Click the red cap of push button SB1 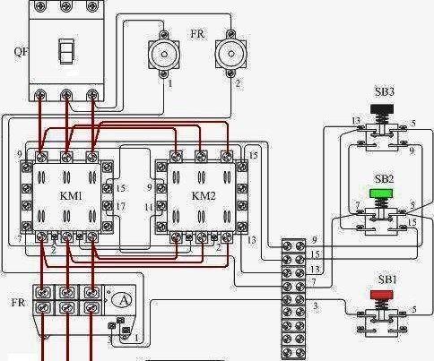click(382, 295)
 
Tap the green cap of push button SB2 click(380, 193)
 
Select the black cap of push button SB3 click(382, 108)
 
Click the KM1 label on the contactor click(71, 196)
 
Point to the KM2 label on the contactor click(204, 196)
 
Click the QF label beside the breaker click(21, 52)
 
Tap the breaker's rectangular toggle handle click(66, 51)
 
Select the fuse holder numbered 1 click(164, 54)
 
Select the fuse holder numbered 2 click(230, 54)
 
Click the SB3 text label click(385, 91)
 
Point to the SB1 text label click(387, 279)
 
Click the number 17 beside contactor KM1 click(121, 206)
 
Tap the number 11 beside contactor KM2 click(149, 207)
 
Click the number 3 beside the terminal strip click(316, 305)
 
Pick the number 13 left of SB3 click(356, 121)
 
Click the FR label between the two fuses click(197, 34)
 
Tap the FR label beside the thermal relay click(18, 303)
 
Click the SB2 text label click(384, 179)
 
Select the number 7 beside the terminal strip click(314, 282)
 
